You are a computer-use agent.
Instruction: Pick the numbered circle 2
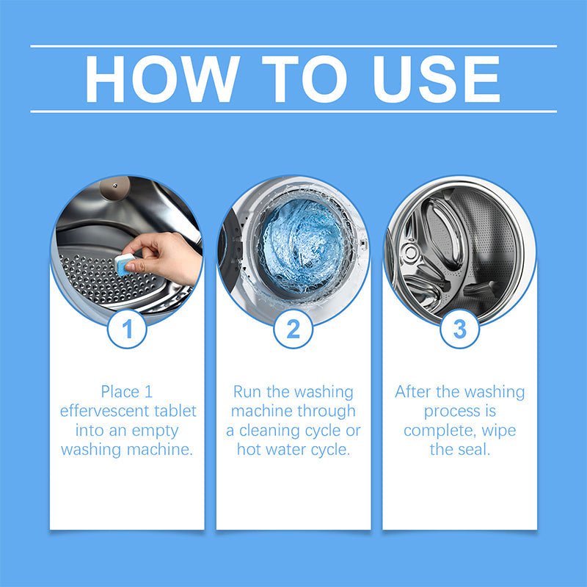pyautogui.click(x=293, y=329)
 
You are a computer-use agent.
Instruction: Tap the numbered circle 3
pyautogui.click(x=459, y=329)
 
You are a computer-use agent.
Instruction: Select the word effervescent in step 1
pyautogui.click(x=102, y=411)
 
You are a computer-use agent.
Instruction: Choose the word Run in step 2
pyautogui.click(x=248, y=392)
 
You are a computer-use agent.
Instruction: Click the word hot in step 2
pyautogui.click(x=250, y=449)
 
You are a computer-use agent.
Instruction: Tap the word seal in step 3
pyautogui.click(x=473, y=449)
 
